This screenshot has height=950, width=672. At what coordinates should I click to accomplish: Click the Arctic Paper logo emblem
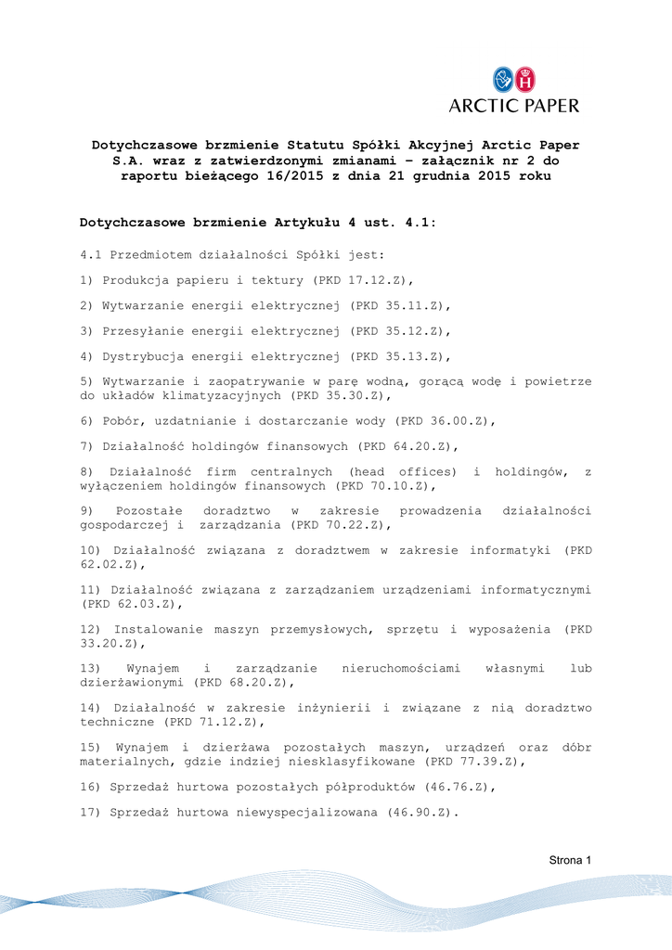click(x=514, y=79)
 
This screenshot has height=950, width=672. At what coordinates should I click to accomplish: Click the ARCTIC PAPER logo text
click(x=513, y=106)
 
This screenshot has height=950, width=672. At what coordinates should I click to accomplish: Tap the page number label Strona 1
click(x=569, y=860)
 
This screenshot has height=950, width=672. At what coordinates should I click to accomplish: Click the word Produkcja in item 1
click(x=137, y=280)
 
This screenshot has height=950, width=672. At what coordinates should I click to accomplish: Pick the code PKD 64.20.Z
click(x=407, y=446)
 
